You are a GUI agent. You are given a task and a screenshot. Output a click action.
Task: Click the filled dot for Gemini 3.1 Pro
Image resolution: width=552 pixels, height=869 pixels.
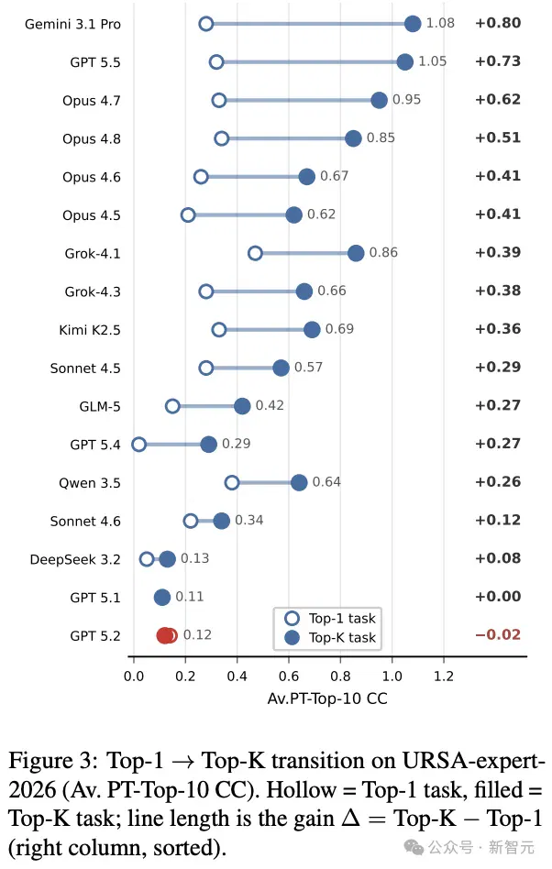[x=413, y=24]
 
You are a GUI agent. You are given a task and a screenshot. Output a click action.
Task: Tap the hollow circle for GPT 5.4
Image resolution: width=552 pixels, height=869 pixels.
[x=139, y=445]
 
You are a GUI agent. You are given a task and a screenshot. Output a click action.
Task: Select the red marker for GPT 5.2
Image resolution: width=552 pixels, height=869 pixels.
[x=166, y=635]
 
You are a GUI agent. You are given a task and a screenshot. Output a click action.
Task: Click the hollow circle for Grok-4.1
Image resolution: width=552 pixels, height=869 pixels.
[x=255, y=253]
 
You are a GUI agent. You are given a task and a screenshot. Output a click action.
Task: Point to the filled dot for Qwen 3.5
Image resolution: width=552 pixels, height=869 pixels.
[x=299, y=483]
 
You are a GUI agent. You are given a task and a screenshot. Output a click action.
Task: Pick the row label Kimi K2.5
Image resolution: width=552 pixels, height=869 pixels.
[x=90, y=330]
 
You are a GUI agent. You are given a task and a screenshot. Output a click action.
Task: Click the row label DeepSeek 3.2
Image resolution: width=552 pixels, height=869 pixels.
[x=75, y=560]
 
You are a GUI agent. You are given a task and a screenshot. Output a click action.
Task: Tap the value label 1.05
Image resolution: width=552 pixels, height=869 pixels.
[x=432, y=61]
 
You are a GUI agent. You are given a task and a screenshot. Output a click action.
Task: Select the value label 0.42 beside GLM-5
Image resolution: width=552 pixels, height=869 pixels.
[x=270, y=405]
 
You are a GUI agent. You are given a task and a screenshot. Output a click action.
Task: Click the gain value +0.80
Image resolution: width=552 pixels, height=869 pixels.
[x=498, y=23]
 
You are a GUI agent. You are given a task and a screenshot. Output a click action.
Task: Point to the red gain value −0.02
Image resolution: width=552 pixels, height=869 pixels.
[x=498, y=634]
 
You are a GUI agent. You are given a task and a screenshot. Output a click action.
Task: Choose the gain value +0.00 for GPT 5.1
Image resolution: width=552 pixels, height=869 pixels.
[x=498, y=597]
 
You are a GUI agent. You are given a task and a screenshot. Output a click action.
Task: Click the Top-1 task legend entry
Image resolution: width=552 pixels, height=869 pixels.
[x=330, y=619]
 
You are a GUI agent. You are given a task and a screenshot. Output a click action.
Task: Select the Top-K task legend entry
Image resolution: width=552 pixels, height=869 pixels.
[x=330, y=638]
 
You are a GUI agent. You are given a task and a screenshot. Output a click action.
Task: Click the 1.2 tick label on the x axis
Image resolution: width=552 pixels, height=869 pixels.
[x=444, y=676]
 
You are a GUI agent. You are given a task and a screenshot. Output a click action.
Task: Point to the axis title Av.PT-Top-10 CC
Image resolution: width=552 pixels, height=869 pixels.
[x=327, y=698]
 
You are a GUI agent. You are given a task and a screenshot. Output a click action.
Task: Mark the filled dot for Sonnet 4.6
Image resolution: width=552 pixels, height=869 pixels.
[x=221, y=521]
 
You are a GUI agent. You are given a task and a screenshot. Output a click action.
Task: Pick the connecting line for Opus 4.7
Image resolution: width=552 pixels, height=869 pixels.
[x=299, y=100]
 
